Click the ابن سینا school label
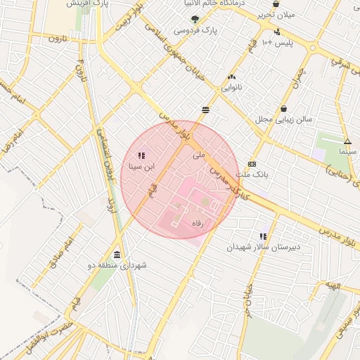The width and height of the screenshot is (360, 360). (141, 167)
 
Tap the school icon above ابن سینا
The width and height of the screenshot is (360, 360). (141, 155)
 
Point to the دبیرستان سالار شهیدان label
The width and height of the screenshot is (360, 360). (262, 247)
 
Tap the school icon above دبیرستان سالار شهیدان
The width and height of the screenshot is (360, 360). (263, 237)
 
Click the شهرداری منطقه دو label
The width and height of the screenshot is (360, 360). (117, 265)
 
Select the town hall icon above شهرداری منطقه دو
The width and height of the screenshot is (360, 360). (116, 255)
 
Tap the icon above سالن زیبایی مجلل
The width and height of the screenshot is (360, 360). (283, 109)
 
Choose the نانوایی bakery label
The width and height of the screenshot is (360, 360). (232, 89)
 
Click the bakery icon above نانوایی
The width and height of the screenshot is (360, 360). (232, 77)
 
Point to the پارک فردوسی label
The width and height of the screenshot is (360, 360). (195, 31)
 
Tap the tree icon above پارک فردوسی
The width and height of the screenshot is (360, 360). (195, 20)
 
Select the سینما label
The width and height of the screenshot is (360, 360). (348, 152)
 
